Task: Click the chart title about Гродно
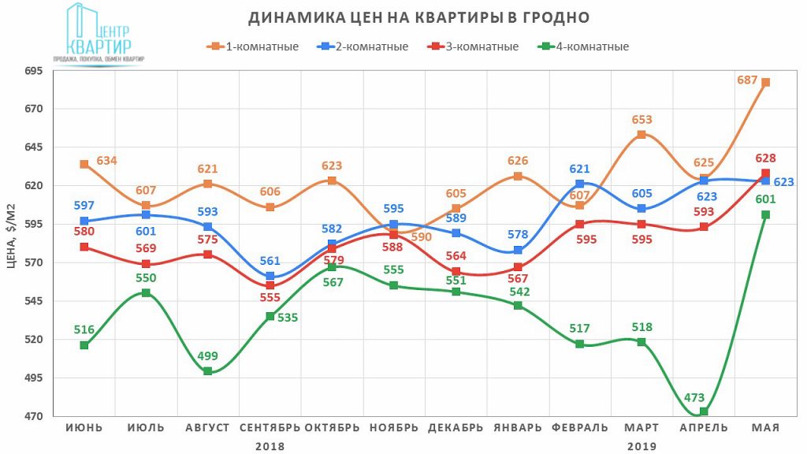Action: pos(418,17)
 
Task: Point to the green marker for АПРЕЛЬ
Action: pos(704,411)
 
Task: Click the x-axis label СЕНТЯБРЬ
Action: pos(270,428)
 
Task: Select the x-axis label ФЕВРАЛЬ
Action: pos(580,428)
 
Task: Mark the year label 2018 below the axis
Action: pos(270,445)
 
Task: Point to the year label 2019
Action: pos(642,445)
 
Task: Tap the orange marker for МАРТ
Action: pos(642,135)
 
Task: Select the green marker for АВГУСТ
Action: pos(208,371)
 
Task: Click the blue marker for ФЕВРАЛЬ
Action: pos(580,184)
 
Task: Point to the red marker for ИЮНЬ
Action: pos(84,247)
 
